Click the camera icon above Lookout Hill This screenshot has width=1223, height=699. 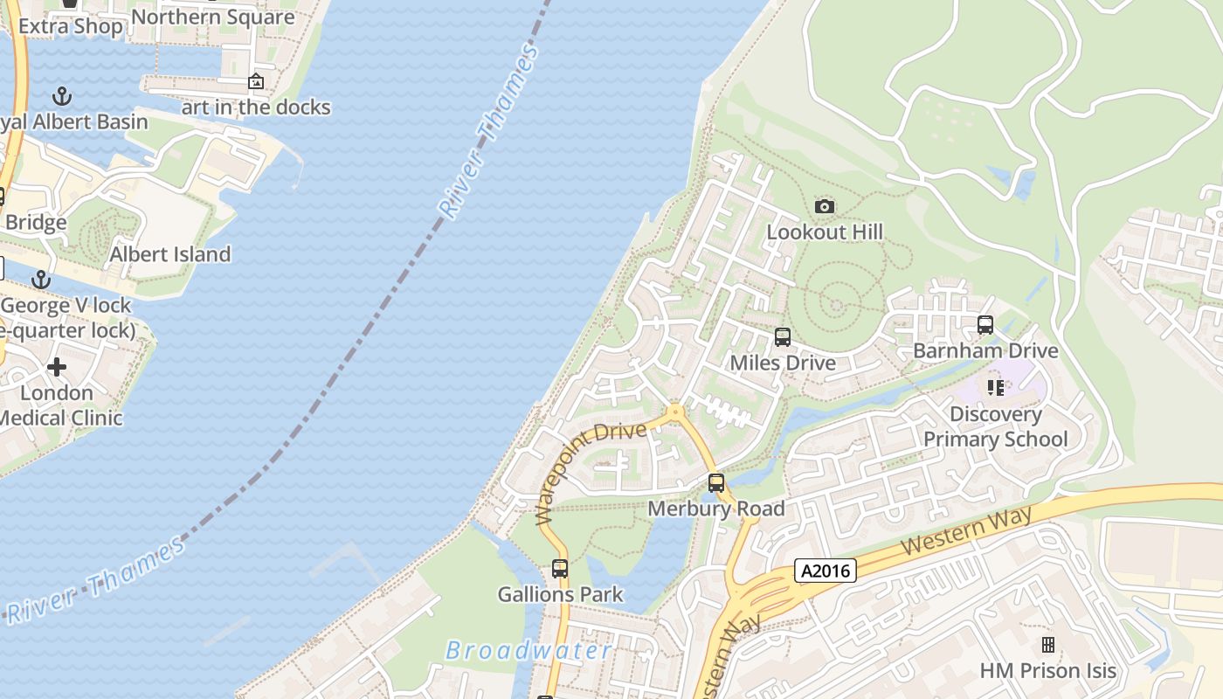coord(824,207)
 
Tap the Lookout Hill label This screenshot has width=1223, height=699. coord(825,232)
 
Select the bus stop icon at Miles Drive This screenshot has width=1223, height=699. coord(783,337)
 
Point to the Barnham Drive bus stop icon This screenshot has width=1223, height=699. coord(985,325)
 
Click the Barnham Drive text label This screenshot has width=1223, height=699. coord(985,350)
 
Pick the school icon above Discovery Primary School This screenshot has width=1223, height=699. coord(995,387)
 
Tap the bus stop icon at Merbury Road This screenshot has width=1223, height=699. coord(716,482)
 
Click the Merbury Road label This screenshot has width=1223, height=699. coord(716,508)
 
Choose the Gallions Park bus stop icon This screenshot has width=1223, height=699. coord(560,569)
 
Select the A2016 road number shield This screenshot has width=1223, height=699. coord(826,571)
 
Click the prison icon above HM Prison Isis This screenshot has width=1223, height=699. coord(1047,645)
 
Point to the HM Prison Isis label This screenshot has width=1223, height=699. coord(1047,670)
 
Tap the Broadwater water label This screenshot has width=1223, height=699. coord(529,650)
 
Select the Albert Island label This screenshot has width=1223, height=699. coord(170,254)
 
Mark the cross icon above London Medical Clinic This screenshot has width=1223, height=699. coord(58,366)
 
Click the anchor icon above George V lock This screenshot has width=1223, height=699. coord(40,280)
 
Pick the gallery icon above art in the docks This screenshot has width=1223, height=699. coord(256,81)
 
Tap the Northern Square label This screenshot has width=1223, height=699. coord(212,17)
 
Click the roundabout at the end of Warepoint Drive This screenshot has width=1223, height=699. coord(674,411)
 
